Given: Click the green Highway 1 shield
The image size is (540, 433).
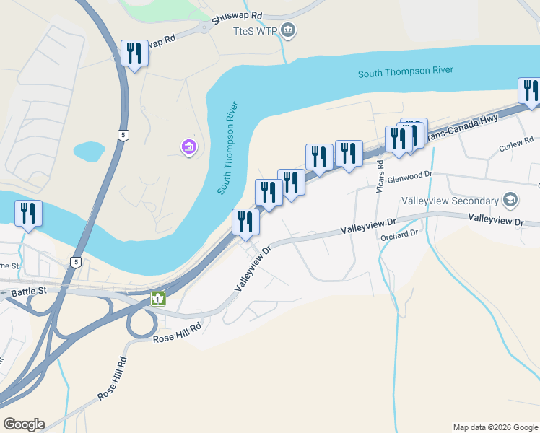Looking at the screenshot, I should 157,298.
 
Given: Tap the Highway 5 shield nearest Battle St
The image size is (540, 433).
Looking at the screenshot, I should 75,263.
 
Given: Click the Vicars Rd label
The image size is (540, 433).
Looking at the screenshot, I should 379,176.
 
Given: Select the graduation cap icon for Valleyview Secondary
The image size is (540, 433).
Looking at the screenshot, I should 510,199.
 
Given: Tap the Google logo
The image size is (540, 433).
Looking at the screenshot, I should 23,424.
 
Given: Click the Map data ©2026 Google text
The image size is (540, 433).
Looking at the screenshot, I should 495,427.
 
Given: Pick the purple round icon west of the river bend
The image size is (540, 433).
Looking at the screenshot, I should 188,147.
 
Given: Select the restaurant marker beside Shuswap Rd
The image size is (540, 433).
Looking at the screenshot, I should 134,53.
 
